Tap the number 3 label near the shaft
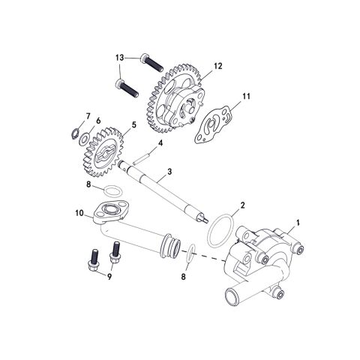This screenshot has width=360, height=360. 170,172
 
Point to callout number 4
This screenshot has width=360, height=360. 159,142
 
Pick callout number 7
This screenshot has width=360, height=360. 87,115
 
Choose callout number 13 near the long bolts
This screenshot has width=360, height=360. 119,57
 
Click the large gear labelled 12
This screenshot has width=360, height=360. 175,91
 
